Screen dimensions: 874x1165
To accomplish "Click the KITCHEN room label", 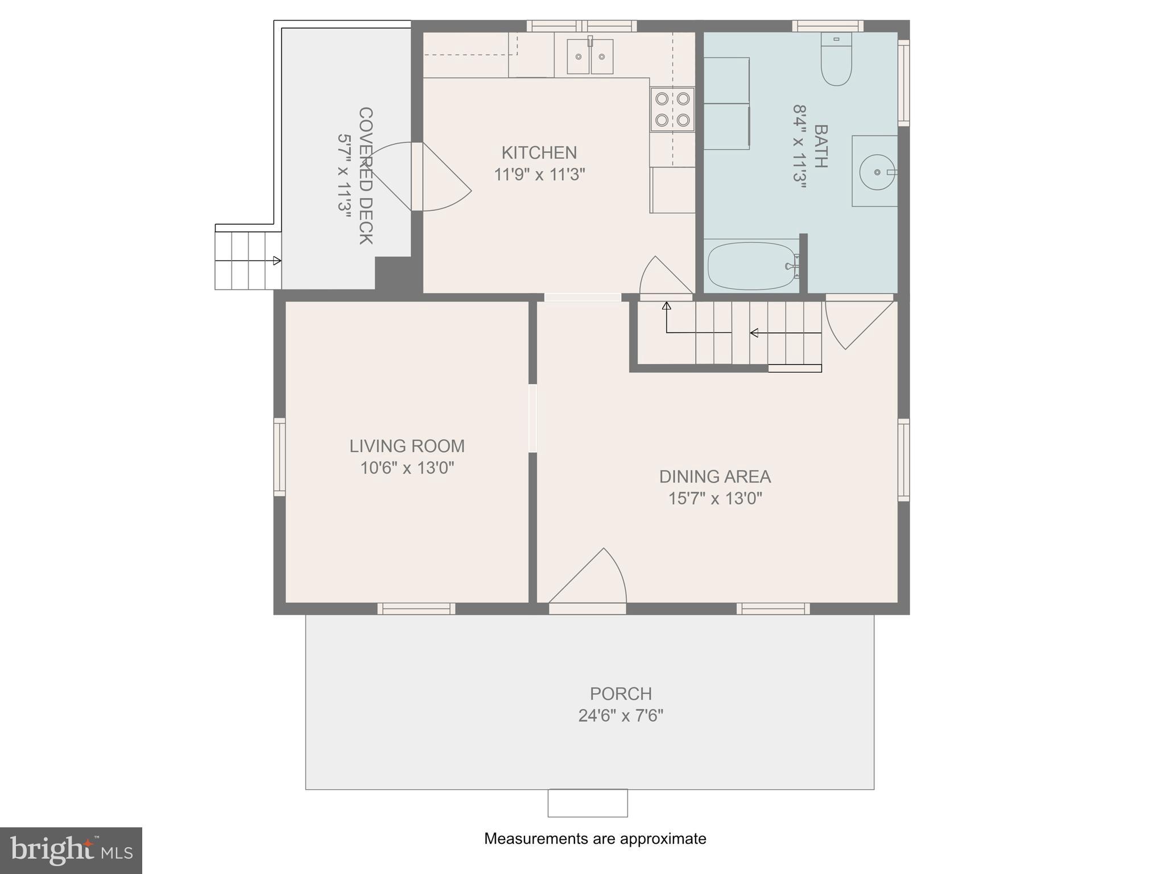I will tap(539, 152).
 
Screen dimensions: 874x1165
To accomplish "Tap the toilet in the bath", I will tap(836, 60).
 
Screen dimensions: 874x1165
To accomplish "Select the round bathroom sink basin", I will tap(877, 171).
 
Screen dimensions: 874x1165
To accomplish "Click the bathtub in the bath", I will tap(751, 266).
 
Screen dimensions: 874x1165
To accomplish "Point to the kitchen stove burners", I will tap(672, 109).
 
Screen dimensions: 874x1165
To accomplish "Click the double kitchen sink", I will tap(590, 56).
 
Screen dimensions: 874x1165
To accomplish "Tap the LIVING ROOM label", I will tap(407, 446).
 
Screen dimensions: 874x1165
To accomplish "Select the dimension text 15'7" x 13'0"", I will tap(715, 498).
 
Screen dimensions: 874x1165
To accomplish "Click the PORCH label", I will tap(621, 694).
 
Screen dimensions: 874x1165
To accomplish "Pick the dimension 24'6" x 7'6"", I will tap(621, 715).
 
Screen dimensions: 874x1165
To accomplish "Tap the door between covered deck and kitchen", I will tap(418, 176).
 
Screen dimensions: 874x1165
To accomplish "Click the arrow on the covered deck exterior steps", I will tap(276, 261).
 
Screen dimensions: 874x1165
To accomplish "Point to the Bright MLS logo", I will tap(71, 850).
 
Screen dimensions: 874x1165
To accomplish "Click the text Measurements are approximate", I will tap(595, 838).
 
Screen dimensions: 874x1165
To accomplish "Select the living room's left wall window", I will tap(279, 456).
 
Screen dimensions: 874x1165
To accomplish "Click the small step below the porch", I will tap(588, 803).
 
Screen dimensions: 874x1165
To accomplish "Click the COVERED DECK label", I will tap(365, 176).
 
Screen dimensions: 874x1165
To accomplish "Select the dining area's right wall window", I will tap(903, 460).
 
